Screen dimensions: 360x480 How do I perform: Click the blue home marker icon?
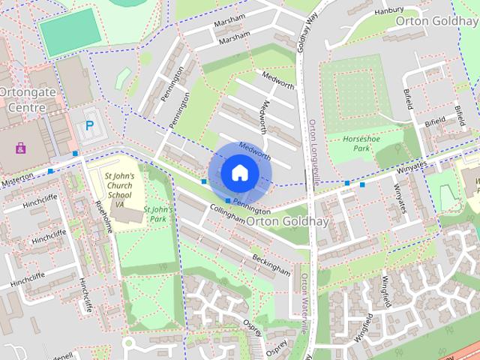point(239,172)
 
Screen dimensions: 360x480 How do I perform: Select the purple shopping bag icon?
point(19,148)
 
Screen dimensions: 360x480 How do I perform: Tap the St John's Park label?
point(158,214)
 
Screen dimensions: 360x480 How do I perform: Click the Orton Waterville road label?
point(305,303)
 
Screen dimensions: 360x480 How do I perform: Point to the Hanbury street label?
point(389,10)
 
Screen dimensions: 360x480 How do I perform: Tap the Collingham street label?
point(227,214)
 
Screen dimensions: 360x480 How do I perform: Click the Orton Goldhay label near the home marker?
point(277,220)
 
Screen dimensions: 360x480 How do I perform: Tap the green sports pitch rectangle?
point(70,32)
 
